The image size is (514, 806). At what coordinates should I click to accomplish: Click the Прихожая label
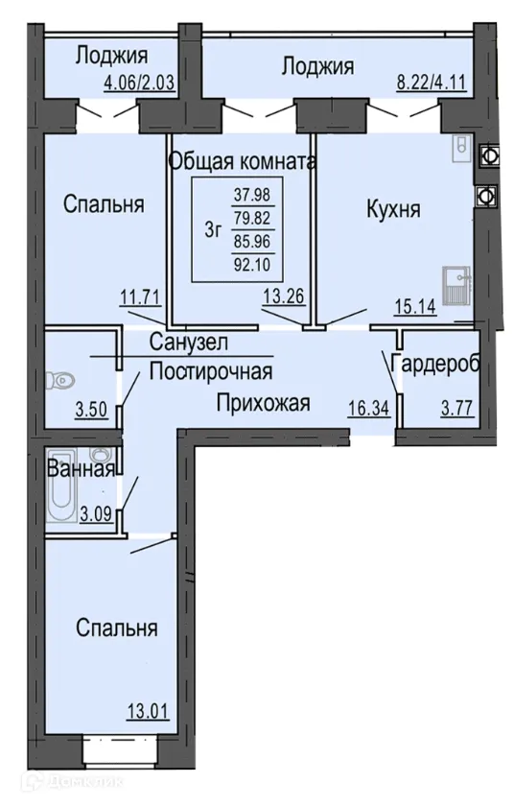(262, 403)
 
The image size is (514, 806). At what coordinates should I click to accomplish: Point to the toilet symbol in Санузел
(63, 379)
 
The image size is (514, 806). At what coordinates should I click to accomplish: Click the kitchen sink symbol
(455, 284)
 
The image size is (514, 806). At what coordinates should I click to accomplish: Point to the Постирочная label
(211, 371)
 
